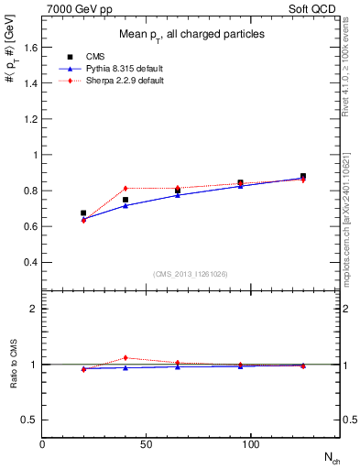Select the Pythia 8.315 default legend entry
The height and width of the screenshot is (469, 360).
[x=109, y=68]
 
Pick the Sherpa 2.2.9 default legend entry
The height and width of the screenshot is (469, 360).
[x=109, y=81]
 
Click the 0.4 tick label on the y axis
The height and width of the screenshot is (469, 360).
[x=27, y=263]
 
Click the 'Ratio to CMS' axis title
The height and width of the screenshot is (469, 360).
[x=14, y=365]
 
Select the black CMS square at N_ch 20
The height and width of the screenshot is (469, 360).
[x=83, y=213]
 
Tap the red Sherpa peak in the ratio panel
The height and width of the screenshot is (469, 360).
[x=125, y=357]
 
